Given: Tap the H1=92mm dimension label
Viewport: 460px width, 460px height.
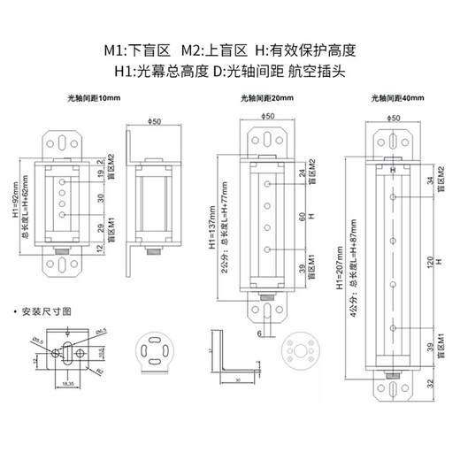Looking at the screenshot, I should pos(19,205).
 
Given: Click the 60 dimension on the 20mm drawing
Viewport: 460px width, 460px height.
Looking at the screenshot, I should pos(302,215).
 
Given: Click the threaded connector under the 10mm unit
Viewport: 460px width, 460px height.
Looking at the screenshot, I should pos(64,252).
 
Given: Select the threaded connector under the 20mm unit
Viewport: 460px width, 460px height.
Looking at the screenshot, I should pos(265,288).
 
